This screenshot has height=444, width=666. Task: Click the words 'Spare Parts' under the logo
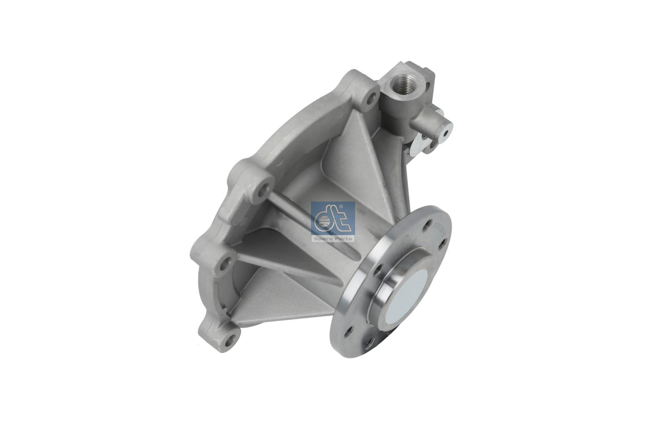click(333, 239)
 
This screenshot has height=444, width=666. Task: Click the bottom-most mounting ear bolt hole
click(228, 344)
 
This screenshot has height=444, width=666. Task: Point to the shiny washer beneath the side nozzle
click(417, 147)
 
